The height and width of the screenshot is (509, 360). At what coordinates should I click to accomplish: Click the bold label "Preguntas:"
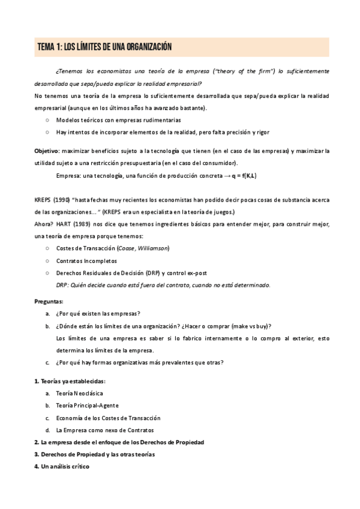(49, 301)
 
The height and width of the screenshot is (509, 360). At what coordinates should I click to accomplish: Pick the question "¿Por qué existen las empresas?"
(98, 313)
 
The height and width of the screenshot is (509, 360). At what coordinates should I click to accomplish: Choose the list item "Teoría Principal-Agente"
(87, 405)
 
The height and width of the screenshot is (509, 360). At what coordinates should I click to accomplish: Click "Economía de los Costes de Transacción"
(108, 418)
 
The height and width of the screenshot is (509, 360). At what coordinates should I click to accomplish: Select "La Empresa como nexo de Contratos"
(104, 430)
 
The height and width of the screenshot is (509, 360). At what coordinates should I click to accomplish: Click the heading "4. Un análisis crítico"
(62, 466)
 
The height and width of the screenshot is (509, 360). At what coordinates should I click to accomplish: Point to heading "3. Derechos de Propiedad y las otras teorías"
(95, 454)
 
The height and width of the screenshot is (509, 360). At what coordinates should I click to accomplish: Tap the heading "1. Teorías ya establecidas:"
(70, 381)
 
